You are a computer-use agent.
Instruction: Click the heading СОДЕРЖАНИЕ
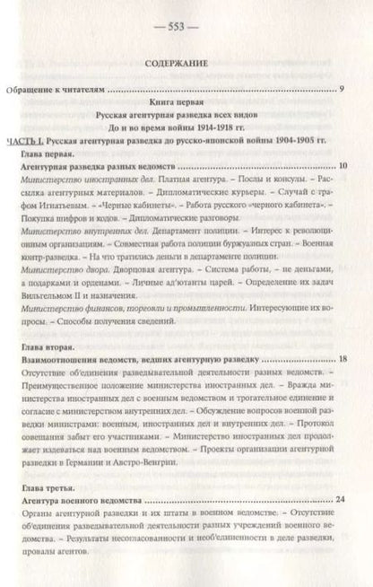pos(186,64)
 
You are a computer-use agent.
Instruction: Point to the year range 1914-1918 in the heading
pos(215,127)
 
